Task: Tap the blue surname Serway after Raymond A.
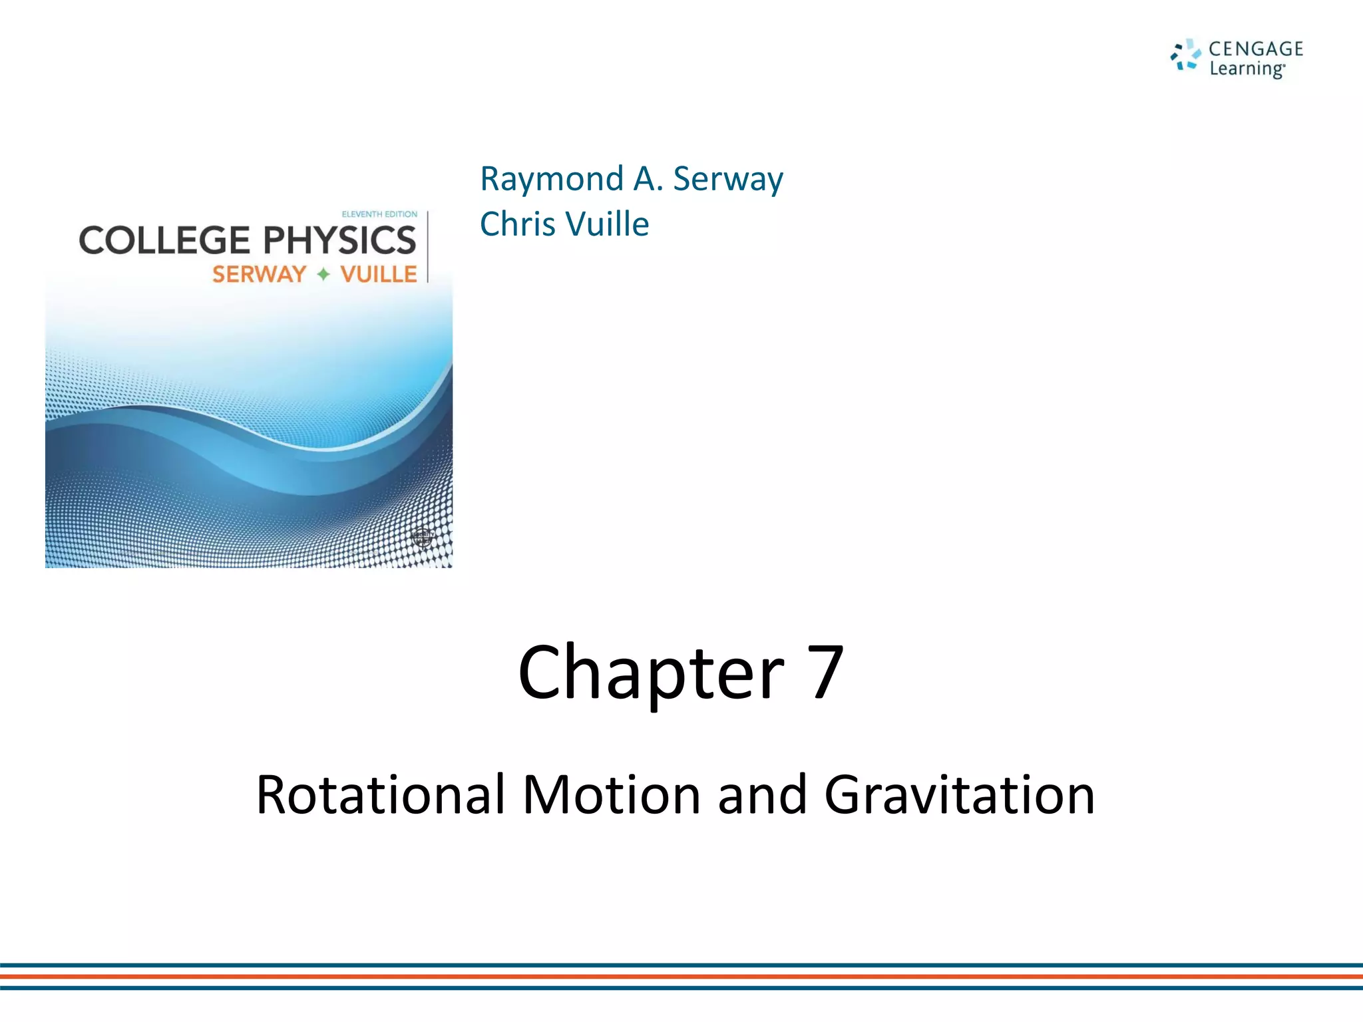728,179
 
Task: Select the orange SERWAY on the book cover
259,274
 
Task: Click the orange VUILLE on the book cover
378,274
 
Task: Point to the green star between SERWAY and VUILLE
323,274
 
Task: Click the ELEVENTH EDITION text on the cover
379,214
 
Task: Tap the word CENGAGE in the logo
1255,49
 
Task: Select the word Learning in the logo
1246,69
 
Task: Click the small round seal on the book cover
423,536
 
